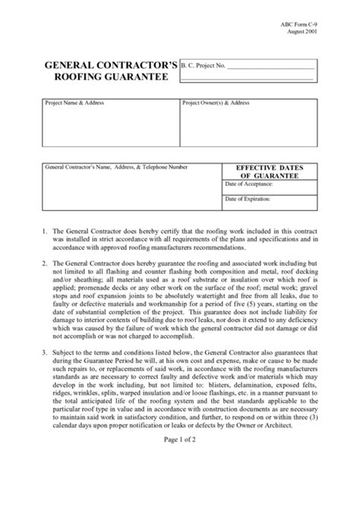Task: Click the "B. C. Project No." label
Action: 204,66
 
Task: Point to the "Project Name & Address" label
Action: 74,103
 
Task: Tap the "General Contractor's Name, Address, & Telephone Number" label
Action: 116,166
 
